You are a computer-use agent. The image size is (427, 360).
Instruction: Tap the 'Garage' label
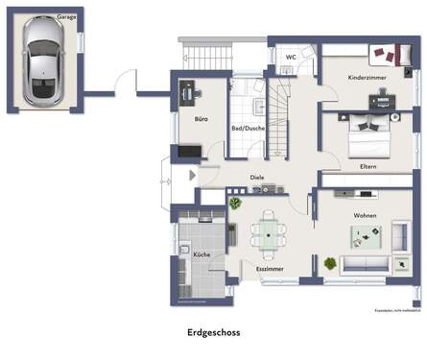[x=66, y=16]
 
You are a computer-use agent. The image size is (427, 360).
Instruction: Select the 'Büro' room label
[x=202, y=120]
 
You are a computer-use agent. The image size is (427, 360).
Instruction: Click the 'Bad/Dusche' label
[x=248, y=128]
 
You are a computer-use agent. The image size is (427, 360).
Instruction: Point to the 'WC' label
[x=290, y=57]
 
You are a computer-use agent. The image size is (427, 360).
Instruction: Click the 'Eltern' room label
[x=368, y=166]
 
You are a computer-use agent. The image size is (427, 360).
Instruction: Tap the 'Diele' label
[x=257, y=178]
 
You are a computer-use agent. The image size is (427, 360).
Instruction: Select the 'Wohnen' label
[x=365, y=216]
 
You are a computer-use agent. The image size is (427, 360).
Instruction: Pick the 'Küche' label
[x=201, y=254]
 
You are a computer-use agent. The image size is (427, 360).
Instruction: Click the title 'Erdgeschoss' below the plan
[x=213, y=333]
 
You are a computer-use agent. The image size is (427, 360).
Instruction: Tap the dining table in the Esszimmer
[x=268, y=233]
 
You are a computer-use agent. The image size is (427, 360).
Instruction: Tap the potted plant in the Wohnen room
[x=331, y=262]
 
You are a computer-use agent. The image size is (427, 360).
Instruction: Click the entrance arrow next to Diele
[x=192, y=176]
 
